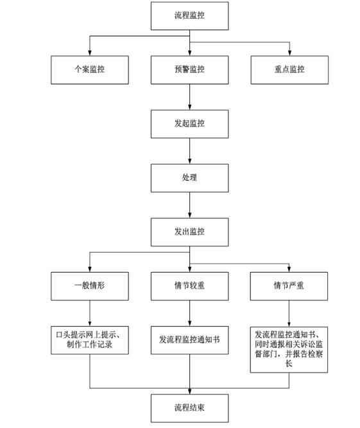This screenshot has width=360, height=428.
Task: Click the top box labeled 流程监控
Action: tap(190, 16)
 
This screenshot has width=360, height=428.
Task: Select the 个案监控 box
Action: tap(90, 70)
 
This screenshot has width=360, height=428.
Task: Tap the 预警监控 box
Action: tap(190, 70)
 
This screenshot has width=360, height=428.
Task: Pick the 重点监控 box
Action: tap(289, 70)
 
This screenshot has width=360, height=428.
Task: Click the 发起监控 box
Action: tap(190, 124)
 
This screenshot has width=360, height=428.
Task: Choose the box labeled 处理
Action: tap(190, 178)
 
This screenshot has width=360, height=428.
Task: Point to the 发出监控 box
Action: tap(190, 232)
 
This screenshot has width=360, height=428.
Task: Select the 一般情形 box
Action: tap(90, 286)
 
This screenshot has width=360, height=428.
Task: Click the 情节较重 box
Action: tap(190, 286)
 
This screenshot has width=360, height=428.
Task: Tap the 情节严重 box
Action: tap(289, 286)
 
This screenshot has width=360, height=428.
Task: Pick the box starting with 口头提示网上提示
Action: tap(90, 340)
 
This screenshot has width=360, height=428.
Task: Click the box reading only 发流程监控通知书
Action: tap(190, 340)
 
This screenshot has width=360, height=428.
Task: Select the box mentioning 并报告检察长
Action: tap(289, 350)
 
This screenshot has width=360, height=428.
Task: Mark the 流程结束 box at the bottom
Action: tap(190, 408)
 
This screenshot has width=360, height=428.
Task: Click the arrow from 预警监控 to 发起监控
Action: tap(190, 97)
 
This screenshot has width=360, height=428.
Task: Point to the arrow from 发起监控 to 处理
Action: tap(190, 151)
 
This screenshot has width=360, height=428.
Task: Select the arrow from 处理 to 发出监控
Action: tap(190, 205)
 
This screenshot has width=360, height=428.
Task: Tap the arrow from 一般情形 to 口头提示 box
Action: tap(90, 313)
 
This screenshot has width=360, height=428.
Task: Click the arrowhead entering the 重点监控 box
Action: tap(289, 53)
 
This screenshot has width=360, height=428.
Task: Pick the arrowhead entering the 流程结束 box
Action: tap(190, 391)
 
